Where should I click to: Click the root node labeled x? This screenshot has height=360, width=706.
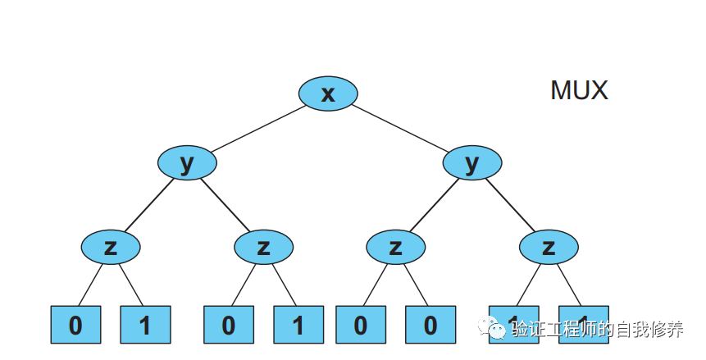pos(328,93)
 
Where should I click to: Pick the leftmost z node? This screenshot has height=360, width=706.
pos(111,246)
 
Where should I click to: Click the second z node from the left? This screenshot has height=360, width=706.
pos(263,246)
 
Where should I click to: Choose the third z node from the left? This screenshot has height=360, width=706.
pos(395,246)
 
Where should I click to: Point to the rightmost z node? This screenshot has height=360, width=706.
pos(549,246)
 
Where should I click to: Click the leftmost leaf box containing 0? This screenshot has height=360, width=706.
pos(75,325)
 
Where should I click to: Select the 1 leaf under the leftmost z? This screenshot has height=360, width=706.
pos(145,325)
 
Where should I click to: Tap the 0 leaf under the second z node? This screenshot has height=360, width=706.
pos(228,325)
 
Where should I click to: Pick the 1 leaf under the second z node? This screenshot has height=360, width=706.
pos(298,325)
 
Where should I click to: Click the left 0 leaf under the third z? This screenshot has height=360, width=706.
pos(361,325)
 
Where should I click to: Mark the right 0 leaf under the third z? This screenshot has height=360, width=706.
pos(430,325)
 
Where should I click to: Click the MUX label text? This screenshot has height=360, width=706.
pos(579,90)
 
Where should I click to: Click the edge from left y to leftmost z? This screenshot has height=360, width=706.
pos(149,204)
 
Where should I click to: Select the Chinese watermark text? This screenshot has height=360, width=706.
pos(597,330)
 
